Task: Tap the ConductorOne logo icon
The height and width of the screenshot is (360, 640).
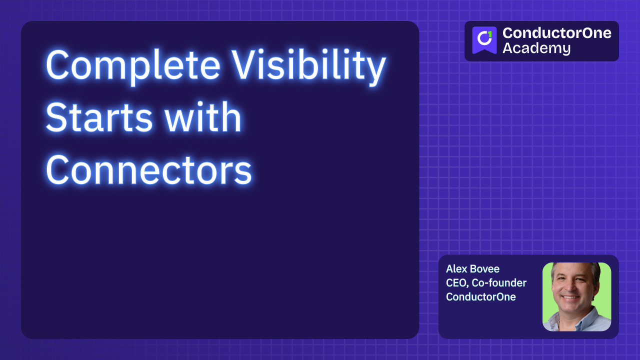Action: (484, 40)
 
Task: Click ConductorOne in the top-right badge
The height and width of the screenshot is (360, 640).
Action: (556, 33)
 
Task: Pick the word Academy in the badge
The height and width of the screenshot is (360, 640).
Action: (536, 48)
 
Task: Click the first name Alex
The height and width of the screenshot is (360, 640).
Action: (456, 269)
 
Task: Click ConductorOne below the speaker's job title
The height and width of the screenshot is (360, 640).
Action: (480, 297)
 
